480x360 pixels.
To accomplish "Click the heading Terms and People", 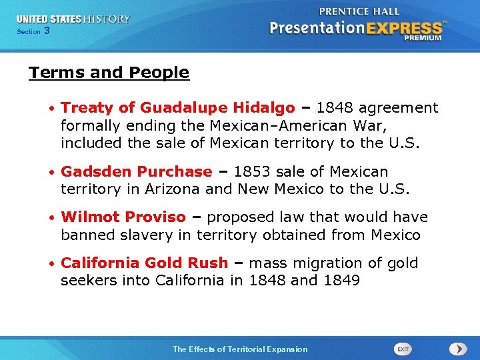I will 109,73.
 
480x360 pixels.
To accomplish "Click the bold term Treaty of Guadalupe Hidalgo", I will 177,108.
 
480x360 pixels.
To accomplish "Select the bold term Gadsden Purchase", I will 136,172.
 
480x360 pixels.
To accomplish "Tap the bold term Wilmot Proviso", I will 123,217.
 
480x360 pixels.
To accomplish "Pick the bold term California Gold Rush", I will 144,263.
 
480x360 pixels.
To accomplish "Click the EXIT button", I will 403,349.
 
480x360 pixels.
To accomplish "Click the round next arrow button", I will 457,349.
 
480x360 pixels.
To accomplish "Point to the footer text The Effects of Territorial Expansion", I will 240,349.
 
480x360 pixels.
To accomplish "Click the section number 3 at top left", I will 47,31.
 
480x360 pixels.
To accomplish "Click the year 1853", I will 247,172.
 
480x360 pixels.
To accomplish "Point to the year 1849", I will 341,281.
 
